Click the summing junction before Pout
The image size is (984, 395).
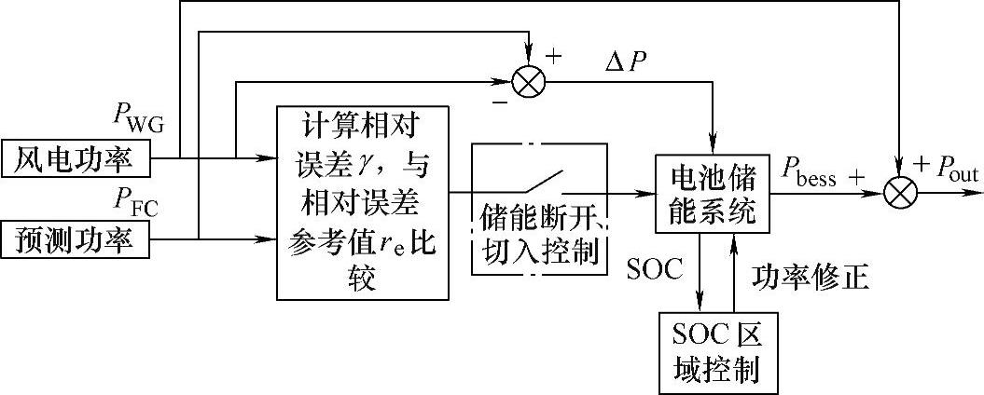tap(901, 194)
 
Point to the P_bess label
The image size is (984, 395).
tap(809, 175)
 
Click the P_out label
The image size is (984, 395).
tap(949, 170)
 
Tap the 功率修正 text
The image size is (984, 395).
tap(811, 278)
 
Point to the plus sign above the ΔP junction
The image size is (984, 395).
tap(553, 55)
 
